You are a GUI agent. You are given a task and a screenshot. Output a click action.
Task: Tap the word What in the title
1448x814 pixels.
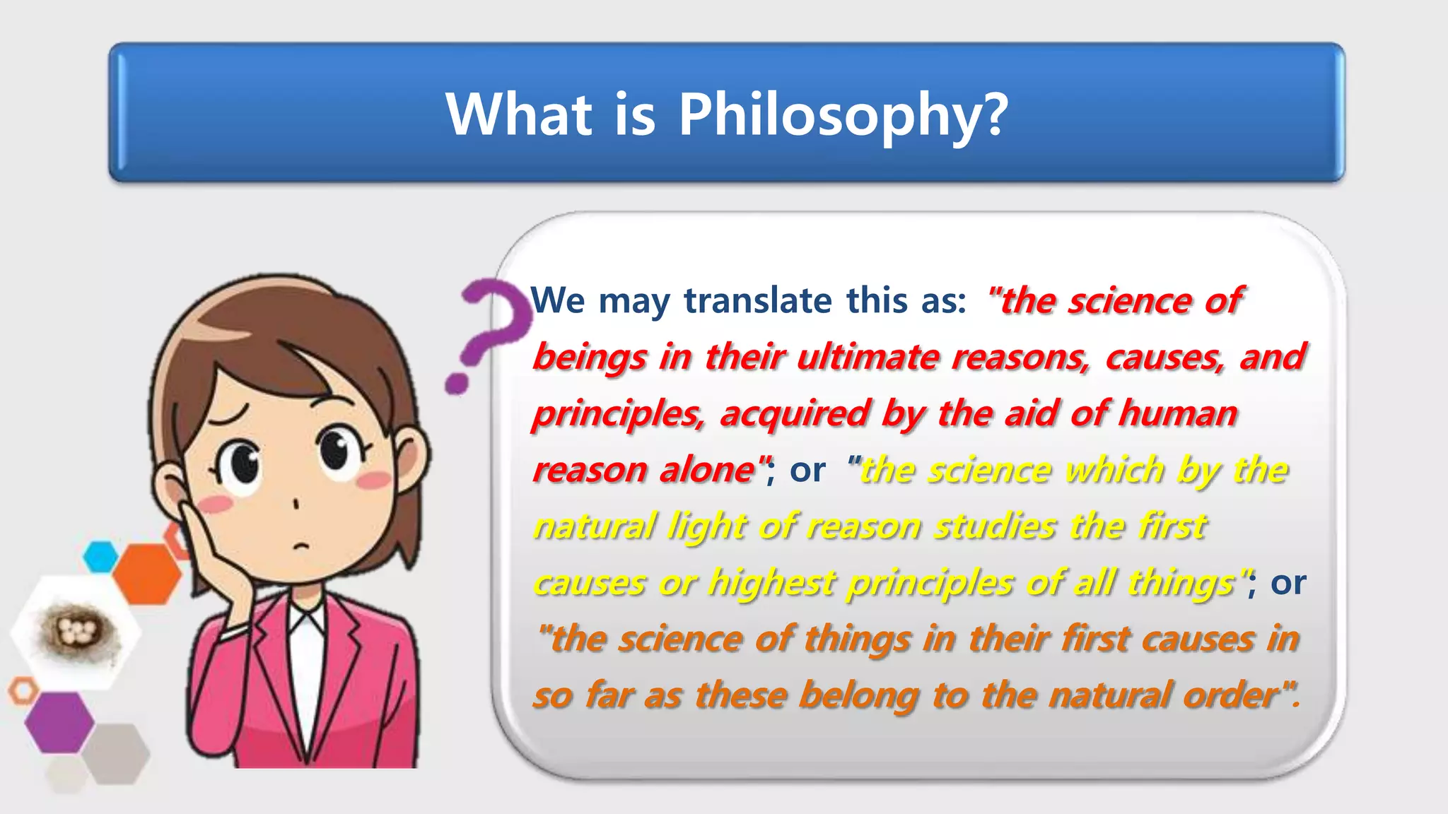pos(519,114)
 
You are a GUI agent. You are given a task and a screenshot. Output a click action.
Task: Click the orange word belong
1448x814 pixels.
pos(858,695)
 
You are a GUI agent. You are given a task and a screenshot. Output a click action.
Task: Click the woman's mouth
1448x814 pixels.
pos(302,545)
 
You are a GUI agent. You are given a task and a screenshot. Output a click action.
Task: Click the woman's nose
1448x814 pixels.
pos(296,504)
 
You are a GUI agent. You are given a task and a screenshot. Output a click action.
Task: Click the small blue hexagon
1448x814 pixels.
pos(100,557)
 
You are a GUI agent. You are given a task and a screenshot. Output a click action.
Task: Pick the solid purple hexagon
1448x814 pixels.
pos(59,722)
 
